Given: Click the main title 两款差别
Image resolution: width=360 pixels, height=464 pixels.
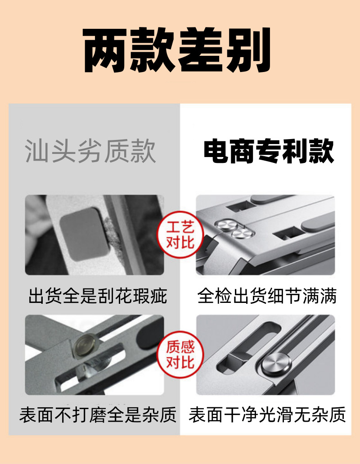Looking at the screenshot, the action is pos(177,50).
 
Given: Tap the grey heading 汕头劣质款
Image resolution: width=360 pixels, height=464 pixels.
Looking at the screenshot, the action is pos(90,151).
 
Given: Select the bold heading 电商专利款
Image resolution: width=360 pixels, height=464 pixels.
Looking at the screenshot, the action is pos(269,151).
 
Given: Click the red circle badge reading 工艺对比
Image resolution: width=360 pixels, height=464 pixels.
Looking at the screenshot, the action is pos(180,234).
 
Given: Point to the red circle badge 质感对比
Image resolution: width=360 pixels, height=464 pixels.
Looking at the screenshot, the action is pos(180,355).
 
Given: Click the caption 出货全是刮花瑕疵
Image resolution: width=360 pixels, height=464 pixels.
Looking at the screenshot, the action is pos(98,296).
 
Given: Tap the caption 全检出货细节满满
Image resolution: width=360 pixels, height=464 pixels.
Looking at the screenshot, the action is pos(267,296).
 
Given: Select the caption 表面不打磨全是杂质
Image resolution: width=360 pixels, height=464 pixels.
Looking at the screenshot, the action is pos(98,414).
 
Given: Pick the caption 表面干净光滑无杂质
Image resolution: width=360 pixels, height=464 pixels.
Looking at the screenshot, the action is pos(267,414).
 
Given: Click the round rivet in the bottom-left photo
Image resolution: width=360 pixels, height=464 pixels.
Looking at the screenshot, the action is pos(85,345).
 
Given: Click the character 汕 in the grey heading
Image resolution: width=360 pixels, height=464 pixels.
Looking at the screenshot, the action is pos(37,151).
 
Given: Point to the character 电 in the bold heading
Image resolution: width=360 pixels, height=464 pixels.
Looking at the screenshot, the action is pos(216,151).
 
